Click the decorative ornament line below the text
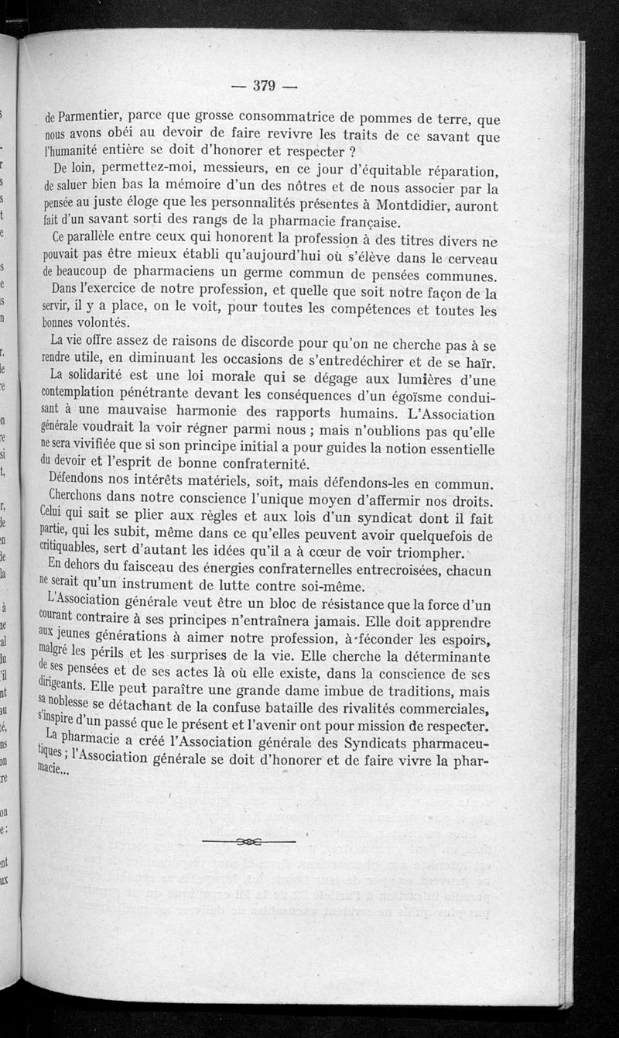point(248,840)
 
